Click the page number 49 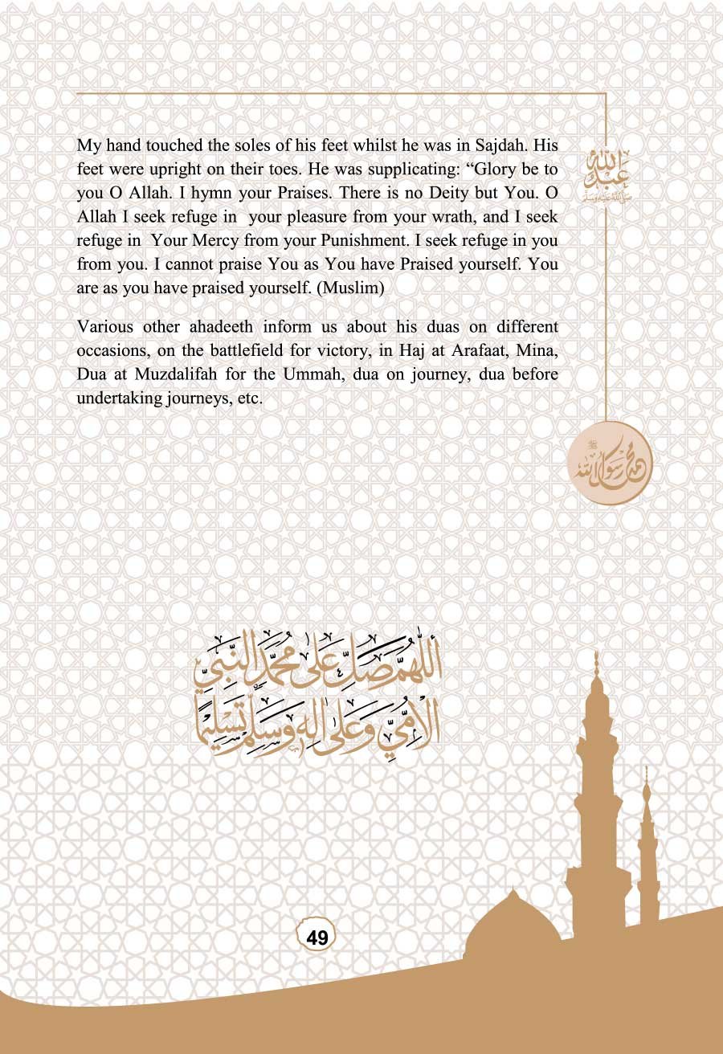tap(317, 937)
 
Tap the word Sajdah tap(504, 147)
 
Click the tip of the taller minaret tap(595, 657)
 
